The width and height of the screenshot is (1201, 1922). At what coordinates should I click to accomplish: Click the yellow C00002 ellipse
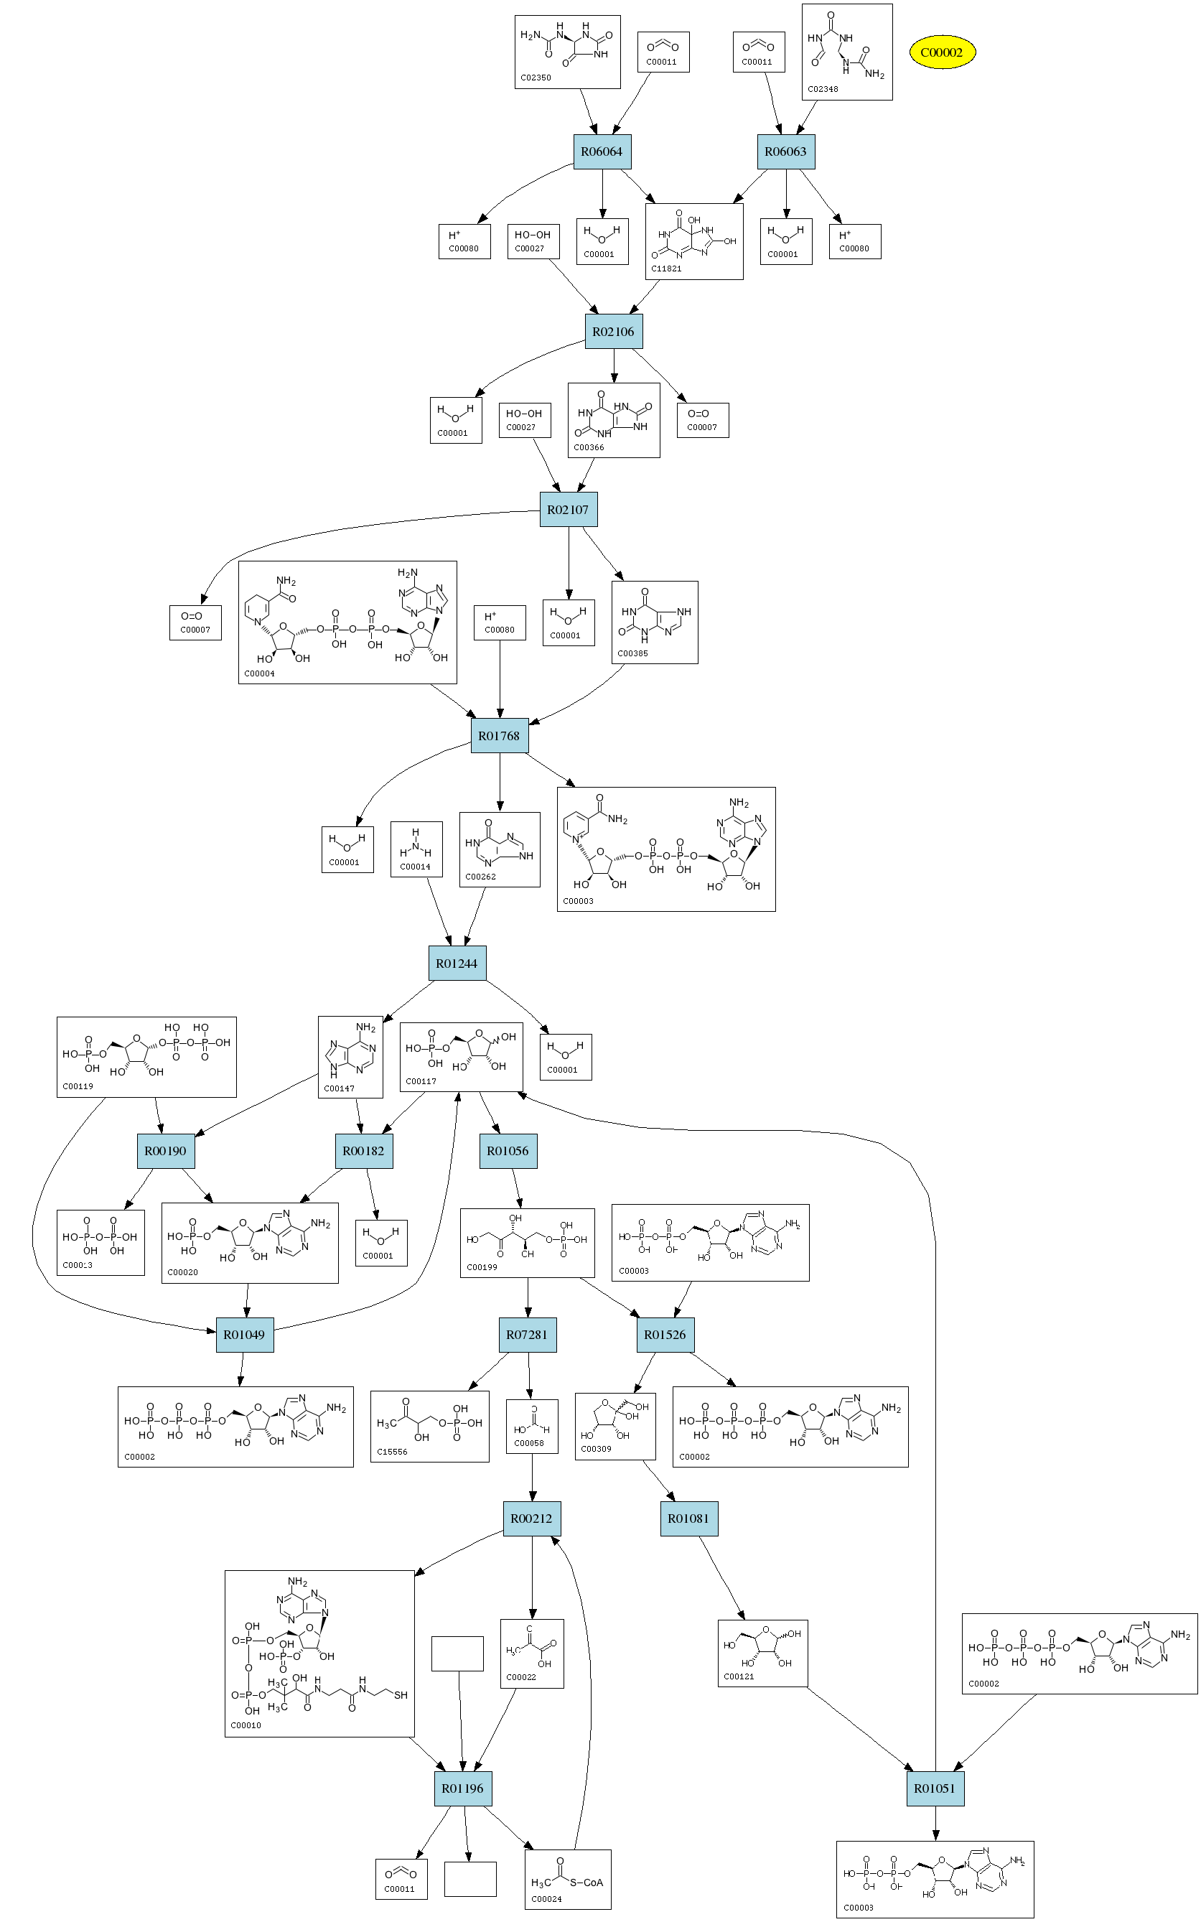[x=941, y=52]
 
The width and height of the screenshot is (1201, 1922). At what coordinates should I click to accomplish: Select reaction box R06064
[x=602, y=151]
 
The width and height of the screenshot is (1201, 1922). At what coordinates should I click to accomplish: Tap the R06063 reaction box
[x=785, y=151]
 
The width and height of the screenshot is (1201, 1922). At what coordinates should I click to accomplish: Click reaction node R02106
[x=613, y=331]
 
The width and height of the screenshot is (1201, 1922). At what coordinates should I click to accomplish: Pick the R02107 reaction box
[x=568, y=510]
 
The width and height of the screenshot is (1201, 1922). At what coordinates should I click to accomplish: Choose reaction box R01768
[x=499, y=735]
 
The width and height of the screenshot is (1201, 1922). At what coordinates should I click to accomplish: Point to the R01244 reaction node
[x=457, y=964]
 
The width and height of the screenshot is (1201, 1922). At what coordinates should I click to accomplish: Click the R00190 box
[x=165, y=1151]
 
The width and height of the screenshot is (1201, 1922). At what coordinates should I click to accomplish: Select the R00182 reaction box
[x=363, y=1151]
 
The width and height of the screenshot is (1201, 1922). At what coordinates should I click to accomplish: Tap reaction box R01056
[x=508, y=1151]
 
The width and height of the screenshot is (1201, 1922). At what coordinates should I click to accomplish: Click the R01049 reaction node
[x=244, y=1334]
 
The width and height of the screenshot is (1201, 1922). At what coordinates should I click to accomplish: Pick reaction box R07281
[x=527, y=1334]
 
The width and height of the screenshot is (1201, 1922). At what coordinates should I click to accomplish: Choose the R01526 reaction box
[x=665, y=1334]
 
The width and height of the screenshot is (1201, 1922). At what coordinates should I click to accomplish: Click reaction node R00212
[x=531, y=1519]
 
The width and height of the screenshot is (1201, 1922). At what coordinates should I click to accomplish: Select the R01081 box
[x=688, y=1519]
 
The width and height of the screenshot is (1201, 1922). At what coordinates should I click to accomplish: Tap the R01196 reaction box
[x=462, y=1788]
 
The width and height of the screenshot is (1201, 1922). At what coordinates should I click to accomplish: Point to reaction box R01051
[x=934, y=1788]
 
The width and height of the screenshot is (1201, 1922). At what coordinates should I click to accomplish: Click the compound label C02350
[x=536, y=78]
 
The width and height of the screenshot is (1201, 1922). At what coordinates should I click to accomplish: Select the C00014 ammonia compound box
[x=416, y=849]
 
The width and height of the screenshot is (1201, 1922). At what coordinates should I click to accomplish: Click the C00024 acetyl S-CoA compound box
[x=567, y=1879]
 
